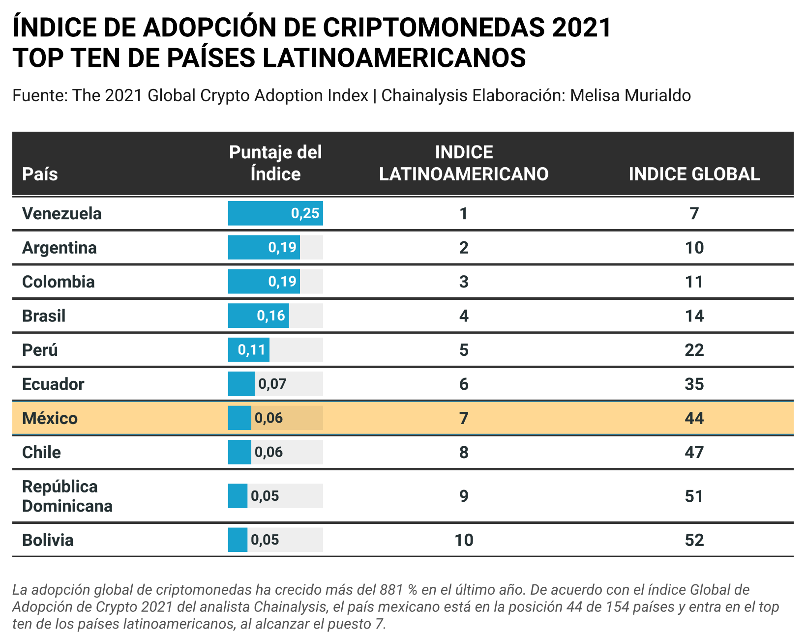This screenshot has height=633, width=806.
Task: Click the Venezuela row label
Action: point(62,214)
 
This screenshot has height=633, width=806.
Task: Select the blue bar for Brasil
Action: point(258,316)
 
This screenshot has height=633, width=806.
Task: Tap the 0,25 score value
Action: point(305,213)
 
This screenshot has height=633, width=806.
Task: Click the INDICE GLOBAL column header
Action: point(694,174)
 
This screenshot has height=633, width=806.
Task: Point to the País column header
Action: point(40,174)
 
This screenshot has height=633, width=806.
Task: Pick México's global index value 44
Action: point(694,418)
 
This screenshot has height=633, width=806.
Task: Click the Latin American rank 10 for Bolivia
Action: point(464,540)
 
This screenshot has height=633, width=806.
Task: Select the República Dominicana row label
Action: point(67,496)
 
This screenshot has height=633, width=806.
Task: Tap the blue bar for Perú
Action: point(248,350)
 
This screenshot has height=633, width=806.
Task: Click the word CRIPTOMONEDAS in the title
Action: point(433,28)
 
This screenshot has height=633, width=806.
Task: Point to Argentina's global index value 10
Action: point(694,248)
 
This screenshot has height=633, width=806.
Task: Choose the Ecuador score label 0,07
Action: point(272,384)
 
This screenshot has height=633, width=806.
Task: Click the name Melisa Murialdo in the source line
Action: point(630,95)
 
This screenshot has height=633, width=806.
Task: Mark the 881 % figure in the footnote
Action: point(398,590)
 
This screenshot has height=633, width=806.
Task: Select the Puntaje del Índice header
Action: point(275,163)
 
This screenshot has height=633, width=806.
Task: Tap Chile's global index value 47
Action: point(694,452)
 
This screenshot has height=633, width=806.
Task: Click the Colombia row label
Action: point(59,282)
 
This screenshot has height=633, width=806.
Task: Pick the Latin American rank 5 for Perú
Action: point(464,350)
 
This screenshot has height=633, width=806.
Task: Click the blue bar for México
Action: point(239,418)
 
